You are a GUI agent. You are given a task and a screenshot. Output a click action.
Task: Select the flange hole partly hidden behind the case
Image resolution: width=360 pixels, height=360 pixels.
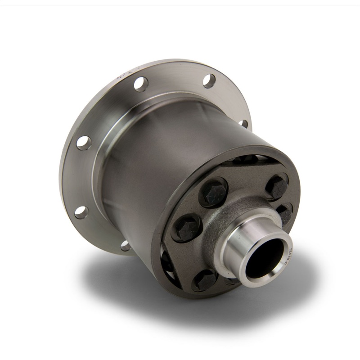tap(243, 123)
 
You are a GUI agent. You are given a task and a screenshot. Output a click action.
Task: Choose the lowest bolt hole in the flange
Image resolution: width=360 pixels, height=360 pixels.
tap(126, 246)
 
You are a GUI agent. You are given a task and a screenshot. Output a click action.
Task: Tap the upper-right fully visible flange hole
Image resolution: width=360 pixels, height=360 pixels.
tap(209, 81)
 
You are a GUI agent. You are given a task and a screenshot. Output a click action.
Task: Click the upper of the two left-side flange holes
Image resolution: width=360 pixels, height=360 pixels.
tap(83, 143)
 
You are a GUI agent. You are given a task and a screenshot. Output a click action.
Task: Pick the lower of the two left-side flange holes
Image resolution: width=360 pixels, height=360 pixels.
tap(81, 212)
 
